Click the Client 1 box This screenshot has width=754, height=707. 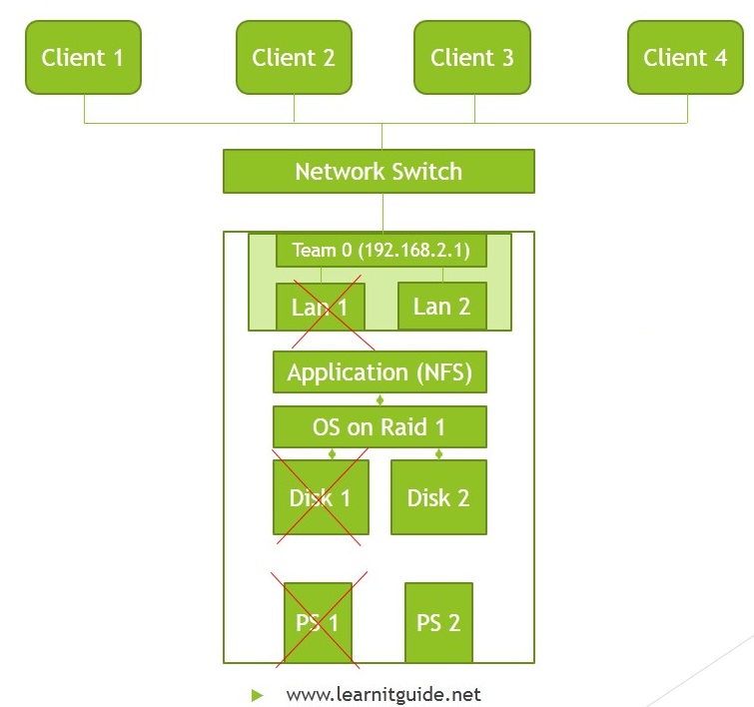coord(83,58)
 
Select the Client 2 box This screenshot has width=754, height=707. coord(294,58)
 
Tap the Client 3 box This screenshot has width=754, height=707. coord(472,58)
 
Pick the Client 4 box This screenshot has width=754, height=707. coord(685,58)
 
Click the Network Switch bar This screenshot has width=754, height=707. coord(378,171)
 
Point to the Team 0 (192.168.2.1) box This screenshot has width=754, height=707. coord(380,250)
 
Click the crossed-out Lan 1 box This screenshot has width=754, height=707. coord(320,307)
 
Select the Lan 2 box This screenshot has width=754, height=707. coord(441,306)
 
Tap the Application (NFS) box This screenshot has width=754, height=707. coord(379,372)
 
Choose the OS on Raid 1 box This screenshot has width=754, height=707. coord(379,427)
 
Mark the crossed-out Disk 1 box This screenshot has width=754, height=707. coord(321,497)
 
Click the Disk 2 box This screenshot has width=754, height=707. coord(438,497)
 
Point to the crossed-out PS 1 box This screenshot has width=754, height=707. coord(318,623)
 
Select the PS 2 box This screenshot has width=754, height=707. coord(438,623)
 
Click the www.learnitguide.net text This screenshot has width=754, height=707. coord(383,694)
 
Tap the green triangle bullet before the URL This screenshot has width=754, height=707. coord(258,694)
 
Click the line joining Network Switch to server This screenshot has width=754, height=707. coord(381,212)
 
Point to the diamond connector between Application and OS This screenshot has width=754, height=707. coord(379,399)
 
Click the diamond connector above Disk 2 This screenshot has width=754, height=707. coord(438,453)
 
